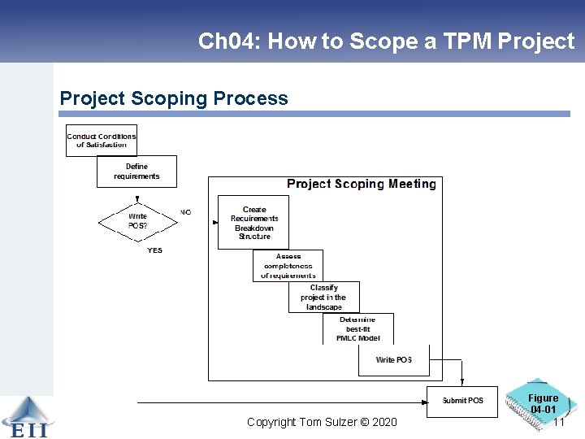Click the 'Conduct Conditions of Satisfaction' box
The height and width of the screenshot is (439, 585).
102,140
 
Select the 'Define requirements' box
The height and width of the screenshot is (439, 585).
136,172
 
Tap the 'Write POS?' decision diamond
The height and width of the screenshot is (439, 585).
137,221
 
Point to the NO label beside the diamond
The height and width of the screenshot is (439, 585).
185,212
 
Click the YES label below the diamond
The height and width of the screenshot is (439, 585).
154,250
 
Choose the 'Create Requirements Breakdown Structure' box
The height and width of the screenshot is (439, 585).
253,223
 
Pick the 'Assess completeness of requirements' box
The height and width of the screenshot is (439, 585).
288,266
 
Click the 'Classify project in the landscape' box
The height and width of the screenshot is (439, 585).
324,298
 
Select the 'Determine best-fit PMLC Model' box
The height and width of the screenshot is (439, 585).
358,328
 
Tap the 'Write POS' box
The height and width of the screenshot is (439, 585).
393,360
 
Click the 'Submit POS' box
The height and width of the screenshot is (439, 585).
462,401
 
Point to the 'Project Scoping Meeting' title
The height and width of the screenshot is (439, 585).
361,185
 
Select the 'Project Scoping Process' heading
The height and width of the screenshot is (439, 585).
174,98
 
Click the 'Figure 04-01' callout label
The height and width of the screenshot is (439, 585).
543,403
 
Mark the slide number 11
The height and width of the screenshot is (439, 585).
558,422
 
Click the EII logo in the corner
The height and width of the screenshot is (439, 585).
26,418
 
